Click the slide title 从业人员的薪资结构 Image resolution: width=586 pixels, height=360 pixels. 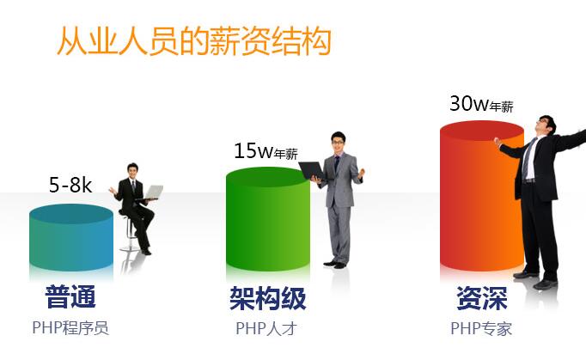point(193,41)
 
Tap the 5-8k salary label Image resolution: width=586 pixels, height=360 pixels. point(70,185)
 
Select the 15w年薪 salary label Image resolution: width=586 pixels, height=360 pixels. point(266,152)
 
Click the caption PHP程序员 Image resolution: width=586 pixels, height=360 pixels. point(70,327)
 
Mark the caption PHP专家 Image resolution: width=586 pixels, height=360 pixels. point(481,327)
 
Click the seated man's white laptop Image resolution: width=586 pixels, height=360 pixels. point(153,192)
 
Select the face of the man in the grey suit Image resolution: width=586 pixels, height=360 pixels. point(338,143)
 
